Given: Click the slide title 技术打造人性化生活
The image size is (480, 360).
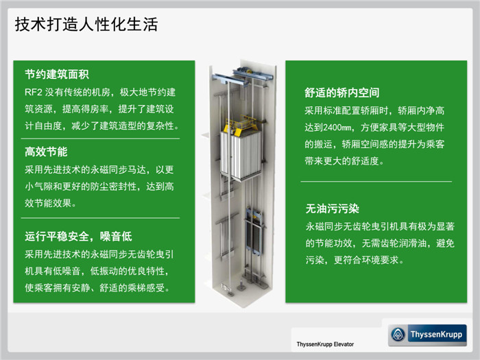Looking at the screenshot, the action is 86,25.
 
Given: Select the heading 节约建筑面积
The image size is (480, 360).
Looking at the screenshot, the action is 57,74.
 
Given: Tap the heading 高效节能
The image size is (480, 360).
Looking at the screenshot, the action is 46,152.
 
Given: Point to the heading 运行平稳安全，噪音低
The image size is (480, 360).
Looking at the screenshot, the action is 78,237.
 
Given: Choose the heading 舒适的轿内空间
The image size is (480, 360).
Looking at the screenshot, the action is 342,93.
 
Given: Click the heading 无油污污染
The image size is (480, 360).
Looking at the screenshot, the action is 332,208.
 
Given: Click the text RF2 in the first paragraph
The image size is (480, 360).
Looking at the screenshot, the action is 34,92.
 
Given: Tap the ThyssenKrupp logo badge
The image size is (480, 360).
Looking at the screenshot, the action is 427,335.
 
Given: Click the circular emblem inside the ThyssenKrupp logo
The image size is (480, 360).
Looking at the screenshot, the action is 398,335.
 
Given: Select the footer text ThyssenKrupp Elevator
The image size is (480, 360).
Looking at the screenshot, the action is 325,344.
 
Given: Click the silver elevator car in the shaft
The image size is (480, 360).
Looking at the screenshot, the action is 241,154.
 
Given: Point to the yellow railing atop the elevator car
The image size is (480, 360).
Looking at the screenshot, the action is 241,124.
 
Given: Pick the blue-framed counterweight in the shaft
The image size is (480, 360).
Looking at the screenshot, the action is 254,232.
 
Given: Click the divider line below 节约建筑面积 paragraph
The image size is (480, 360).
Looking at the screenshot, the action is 100,139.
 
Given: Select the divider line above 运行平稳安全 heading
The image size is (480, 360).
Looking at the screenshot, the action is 100,218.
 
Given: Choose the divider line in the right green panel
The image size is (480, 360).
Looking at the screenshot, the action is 376,181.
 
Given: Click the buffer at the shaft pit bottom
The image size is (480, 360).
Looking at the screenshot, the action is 241,286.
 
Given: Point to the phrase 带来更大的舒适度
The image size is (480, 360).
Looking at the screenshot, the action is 342,161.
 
